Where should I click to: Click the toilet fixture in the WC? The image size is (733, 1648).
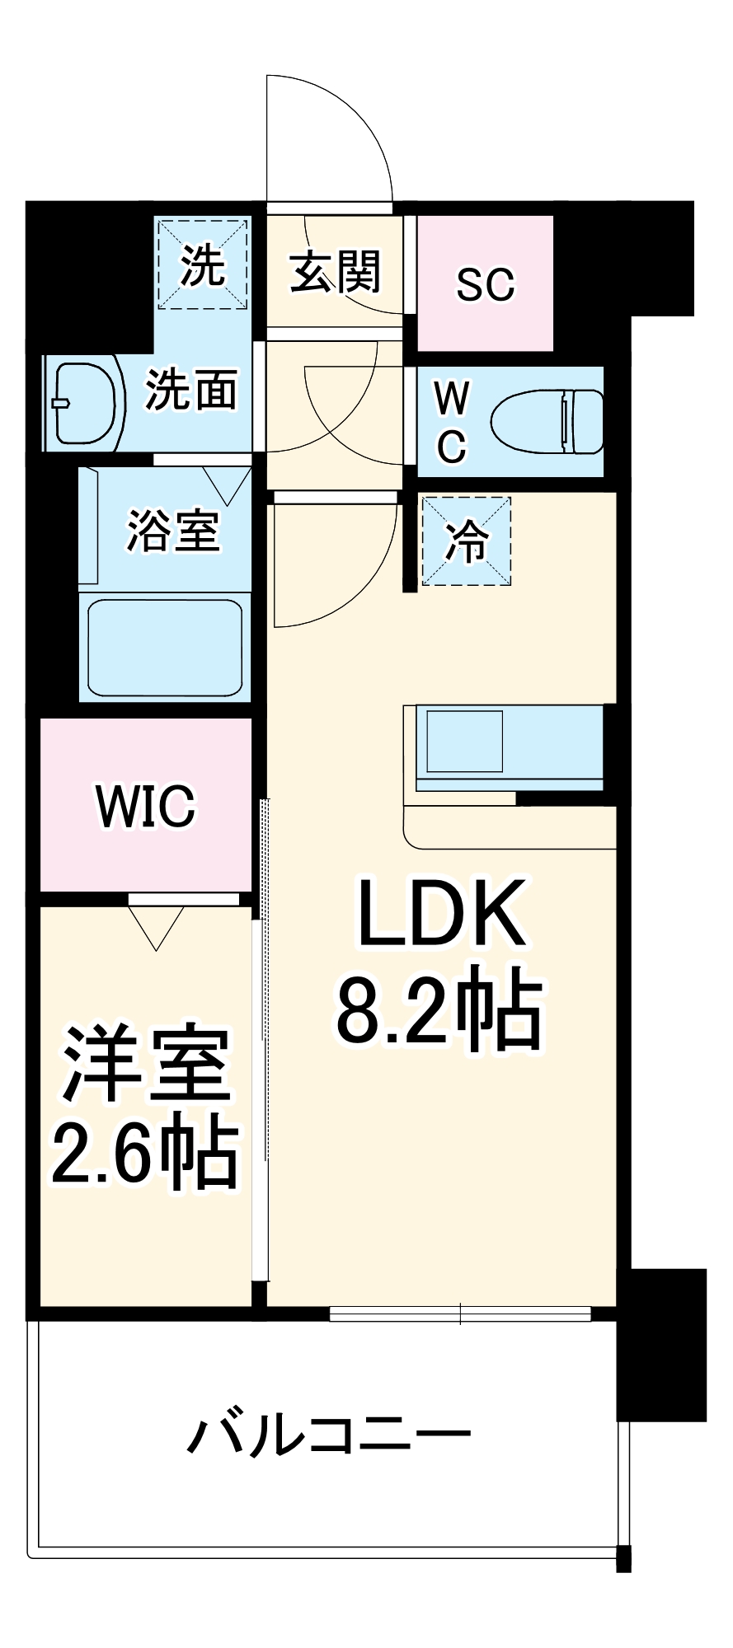pos(546,421)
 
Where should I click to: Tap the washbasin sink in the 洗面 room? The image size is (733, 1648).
pos(82,402)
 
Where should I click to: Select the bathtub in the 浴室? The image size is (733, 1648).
pos(165,648)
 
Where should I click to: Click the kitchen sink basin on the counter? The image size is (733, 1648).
pos(464,741)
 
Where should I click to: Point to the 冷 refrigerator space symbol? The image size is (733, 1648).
pos(467,541)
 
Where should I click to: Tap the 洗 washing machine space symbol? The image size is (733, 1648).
pos(203,265)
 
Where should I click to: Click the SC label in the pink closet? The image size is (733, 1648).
pos(485,284)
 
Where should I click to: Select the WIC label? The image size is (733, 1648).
pos(146,806)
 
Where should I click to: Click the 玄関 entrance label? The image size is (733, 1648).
pos(335,271)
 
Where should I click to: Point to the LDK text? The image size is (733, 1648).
pos(441,913)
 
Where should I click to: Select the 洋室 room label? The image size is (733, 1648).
pos(147,1064)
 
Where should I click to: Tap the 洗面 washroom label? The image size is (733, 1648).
pos(191,389)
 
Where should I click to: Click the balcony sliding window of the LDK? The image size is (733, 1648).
pos(460,1313)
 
